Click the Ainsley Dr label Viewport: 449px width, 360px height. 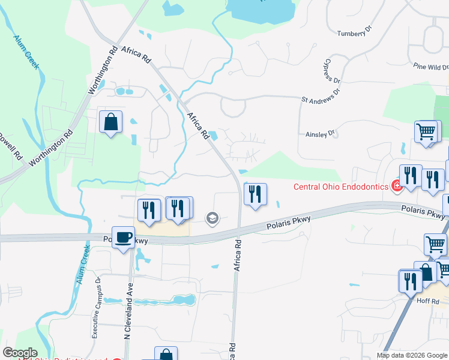click(x=319, y=135)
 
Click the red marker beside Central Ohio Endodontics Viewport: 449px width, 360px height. click(x=396, y=186)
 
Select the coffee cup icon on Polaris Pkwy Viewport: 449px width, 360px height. click(x=124, y=237)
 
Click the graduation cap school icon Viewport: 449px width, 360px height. click(x=212, y=218)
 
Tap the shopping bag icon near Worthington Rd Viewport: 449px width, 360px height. click(x=111, y=122)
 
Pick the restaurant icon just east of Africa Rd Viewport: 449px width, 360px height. click(x=255, y=194)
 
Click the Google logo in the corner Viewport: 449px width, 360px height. click(x=20, y=353)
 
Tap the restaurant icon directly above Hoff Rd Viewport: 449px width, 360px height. click(x=411, y=280)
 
